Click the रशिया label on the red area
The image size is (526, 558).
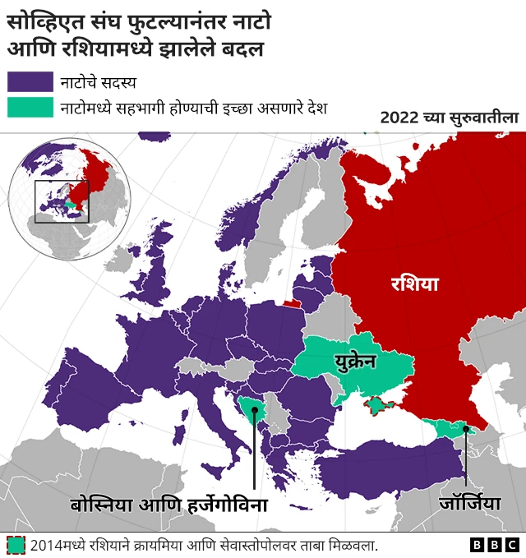(x=414, y=285)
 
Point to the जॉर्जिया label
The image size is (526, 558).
(x=468, y=501)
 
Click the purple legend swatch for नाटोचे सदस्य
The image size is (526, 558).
(x=30, y=81)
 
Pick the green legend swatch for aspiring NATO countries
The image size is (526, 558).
(x=30, y=108)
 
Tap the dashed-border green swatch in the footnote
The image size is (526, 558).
(x=16, y=545)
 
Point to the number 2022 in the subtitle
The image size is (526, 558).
(x=401, y=118)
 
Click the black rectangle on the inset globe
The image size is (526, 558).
(x=61, y=201)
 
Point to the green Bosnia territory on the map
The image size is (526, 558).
(x=251, y=406)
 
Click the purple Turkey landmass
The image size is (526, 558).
(x=386, y=468)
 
